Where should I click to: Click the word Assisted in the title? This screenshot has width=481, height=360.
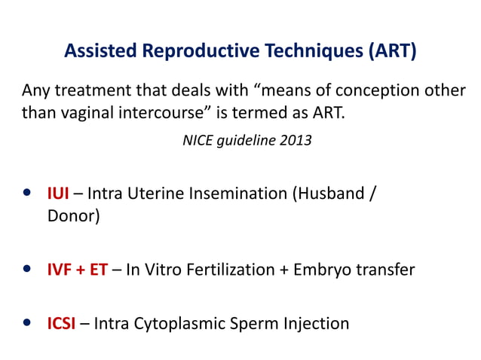click(x=101, y=51)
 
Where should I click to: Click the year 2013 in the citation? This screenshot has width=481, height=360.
click(x=295, y=141)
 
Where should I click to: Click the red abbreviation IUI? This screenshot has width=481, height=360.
click(x=58, y=193)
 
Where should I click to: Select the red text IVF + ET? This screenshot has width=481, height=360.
click(x=78, y=269)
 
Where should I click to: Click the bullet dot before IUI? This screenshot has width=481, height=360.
click(x=28, y=194)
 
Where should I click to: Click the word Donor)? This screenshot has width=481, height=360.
click(x=73, y=215)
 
